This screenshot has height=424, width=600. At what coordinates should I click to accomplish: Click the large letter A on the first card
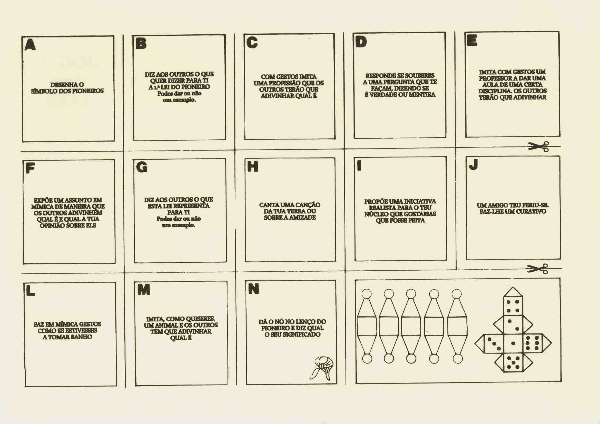click(x=30, y=45)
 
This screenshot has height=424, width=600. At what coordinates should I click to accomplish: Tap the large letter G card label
click(x=142, y=167)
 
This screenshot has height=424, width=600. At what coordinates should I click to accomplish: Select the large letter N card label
click(x=253, y=288)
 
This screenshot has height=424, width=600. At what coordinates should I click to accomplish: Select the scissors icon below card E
click(x=538, y=146)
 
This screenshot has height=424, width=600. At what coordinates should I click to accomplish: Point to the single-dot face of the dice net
click(x=513, y=343)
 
